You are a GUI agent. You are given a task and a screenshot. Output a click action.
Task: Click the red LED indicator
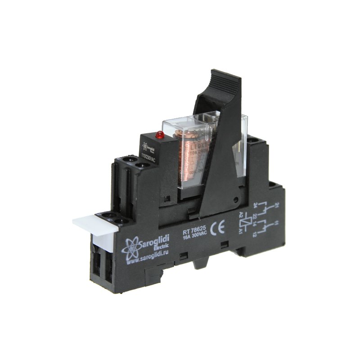[158, 134]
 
